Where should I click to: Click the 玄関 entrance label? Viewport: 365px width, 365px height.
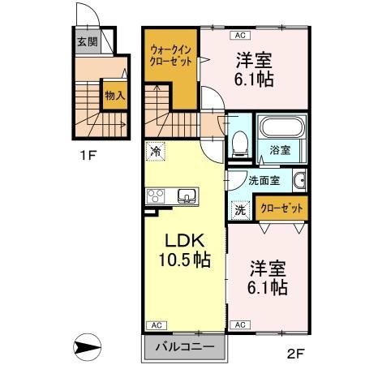coord(87,42)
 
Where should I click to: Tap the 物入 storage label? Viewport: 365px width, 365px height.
coord(114,95)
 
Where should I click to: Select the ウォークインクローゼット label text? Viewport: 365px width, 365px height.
coord(170,56)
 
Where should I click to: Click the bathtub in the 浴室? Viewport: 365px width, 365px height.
coord(281,127)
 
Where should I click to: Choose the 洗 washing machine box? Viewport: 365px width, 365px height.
coord(240,209)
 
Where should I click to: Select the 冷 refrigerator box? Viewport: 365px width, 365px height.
coord(155,150)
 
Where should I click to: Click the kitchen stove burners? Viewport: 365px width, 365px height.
coord(157,196)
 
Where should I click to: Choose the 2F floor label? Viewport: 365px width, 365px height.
coord(296,353)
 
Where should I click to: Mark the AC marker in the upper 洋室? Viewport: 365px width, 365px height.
coord(239,35)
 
